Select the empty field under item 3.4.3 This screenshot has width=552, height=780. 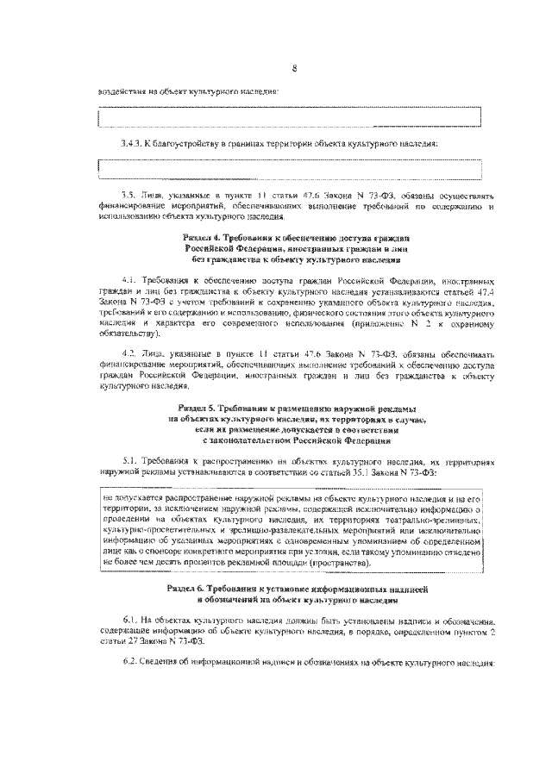point(289,166)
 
